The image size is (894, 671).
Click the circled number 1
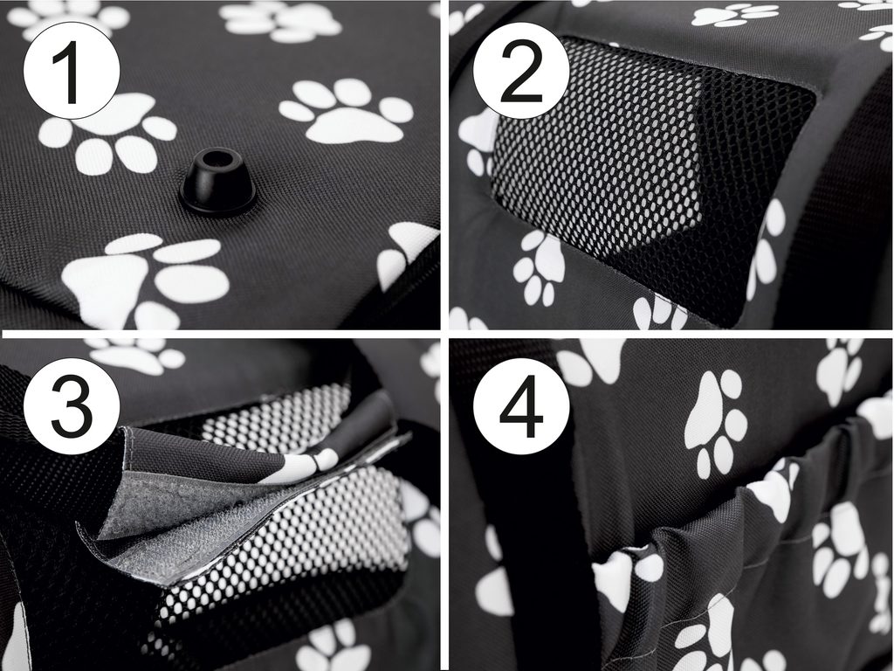tap(72, 72)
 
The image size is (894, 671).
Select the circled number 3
tap(72, 406)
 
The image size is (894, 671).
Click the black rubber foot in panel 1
tap(217, 181)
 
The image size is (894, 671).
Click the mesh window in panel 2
tap(650, 165)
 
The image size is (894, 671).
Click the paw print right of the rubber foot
tap(346, 110)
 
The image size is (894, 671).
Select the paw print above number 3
tap(137, 355)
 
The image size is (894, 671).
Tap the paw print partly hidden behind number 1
tap(108, 133)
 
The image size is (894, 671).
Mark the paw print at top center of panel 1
tap(280, 21)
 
